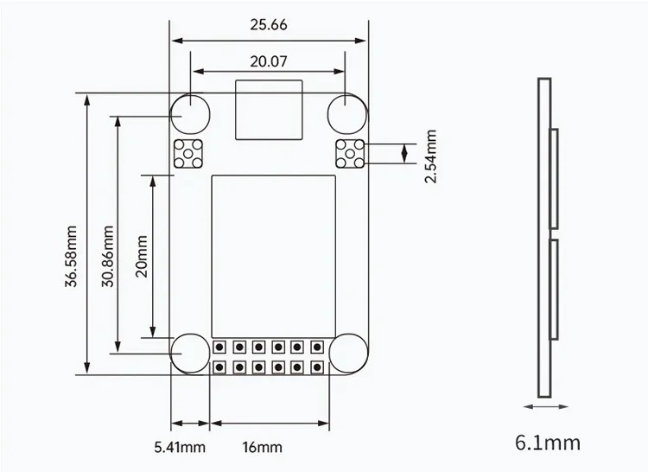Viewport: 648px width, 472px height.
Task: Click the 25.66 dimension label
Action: (268, 25)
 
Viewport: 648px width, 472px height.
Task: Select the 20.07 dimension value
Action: (268, 61)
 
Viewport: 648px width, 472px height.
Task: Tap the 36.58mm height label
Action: (71, 256)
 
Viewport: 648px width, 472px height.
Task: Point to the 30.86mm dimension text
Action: (107, 256)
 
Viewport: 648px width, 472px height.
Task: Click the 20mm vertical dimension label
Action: (142, 256)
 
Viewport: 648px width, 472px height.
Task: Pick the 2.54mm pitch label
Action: (430, 156)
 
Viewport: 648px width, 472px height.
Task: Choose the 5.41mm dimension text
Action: (180, 447)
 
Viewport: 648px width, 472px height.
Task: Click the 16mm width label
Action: (263, 447)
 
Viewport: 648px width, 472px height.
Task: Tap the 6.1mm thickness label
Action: (548, 443)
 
